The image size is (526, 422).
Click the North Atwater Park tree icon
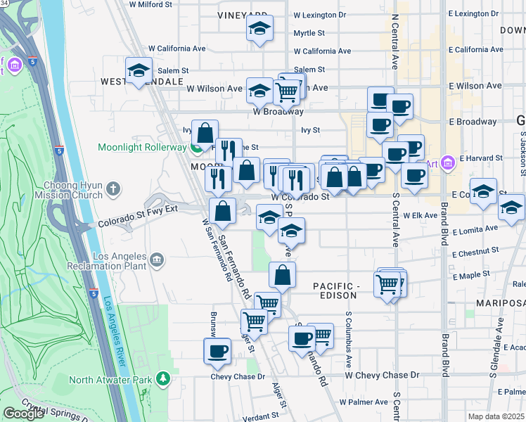click(163, 380)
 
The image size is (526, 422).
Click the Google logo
click(23, 414)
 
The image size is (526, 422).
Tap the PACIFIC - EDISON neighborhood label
click(336, 290)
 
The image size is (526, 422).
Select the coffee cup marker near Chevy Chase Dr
click(217, 351)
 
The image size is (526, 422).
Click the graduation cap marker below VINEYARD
click(259, 30)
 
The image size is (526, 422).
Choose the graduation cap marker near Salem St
click(139, 70)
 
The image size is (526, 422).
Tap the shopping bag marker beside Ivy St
click(205, 132)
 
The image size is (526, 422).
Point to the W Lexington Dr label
click(319, 14)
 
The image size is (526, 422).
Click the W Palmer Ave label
click(363, 402)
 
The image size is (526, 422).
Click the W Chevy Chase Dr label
click(381, 376)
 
